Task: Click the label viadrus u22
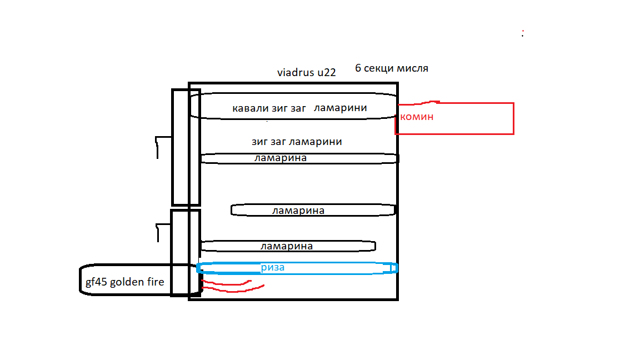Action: pyautogui.click(x=306, y=72)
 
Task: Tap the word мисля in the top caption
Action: pyautogui.click(x=413, y=69)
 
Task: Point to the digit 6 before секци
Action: pyautogui.click(x=358, y=69)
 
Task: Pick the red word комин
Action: pyautogui.click(x=417, y=117)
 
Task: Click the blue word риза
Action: pyautogui.click(x=273, y=267)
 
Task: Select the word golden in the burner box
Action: pyautogui.click(x=129, y=282)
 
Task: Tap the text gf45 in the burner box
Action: pyautogui.click(x=96, y=282)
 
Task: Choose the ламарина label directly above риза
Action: pyautogui.click(x=286, y=246)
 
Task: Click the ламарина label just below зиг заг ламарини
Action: pyautogui.click(x=280, y=158)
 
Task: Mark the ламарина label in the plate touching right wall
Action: pyautogui.click(x=298, y=211)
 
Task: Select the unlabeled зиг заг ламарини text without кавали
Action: pyautogui.click(x=297, y=142)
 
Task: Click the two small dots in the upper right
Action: pyautogui.click(x=523, y=33)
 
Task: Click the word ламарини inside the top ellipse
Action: pyautogui.click(x=340, y=108)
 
